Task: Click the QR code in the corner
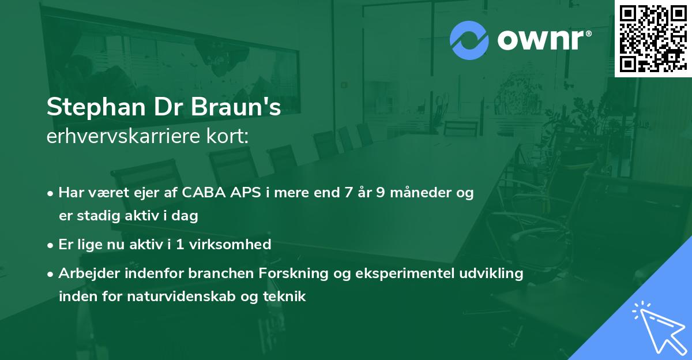653,39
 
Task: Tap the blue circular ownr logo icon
469,40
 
